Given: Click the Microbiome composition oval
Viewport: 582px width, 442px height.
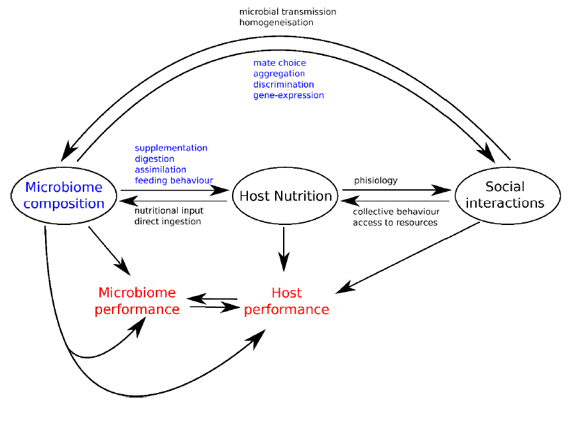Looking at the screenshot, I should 64,195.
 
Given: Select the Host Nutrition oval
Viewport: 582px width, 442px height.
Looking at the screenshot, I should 285,196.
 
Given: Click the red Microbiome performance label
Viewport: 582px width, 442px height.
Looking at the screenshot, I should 137,301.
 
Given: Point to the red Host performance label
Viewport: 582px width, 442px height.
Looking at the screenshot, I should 286,301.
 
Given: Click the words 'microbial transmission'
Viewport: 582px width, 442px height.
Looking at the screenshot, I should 288,12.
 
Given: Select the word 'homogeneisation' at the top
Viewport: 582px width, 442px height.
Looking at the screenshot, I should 276,22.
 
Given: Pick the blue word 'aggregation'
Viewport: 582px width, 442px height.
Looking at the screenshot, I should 279,74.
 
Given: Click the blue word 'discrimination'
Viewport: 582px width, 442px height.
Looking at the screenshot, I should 284,84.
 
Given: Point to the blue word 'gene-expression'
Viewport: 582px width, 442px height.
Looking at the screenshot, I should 288,95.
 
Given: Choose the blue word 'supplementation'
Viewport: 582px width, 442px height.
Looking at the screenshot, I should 171,148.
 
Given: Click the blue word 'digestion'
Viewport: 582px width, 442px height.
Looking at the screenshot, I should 154,159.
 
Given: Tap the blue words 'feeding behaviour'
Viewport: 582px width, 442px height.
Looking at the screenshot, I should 174,180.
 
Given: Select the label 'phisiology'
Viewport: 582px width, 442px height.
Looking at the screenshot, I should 376,180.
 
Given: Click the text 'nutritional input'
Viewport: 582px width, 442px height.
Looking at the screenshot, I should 169,210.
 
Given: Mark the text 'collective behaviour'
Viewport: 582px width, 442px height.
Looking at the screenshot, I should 395,212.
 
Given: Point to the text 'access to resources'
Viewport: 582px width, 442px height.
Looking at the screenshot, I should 395,222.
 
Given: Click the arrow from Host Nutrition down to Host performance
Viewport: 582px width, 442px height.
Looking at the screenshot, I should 284,248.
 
